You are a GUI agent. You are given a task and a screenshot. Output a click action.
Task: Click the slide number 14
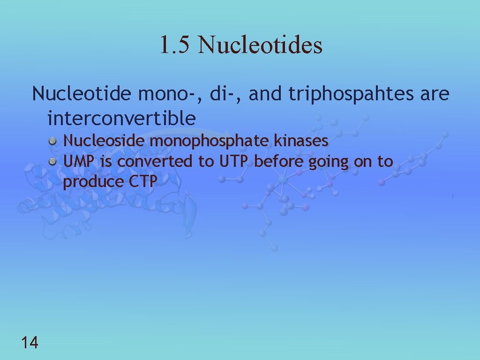click(x=30, y=343)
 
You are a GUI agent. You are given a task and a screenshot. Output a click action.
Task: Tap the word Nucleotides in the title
click(x=261, y=45)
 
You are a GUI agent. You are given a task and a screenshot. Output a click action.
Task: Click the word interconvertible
click(x=121, y=118)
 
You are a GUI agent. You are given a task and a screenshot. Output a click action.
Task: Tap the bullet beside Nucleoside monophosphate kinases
click(x=54, y=141)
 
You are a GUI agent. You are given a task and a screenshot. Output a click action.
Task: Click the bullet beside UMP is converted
click(x=54, y=162)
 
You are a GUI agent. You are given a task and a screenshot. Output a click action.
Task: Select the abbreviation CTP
click(x=142, y=182)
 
